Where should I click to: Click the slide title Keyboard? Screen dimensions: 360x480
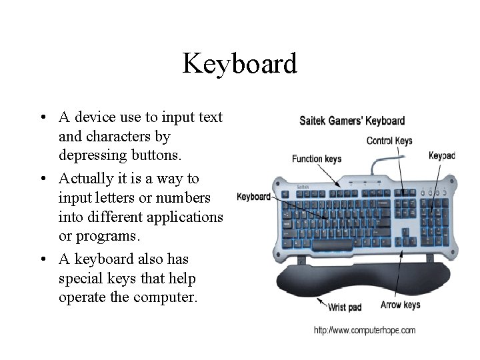pyautogui.click(x=239, y=65)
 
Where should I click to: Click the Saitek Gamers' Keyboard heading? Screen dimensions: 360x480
pyautogui.click(x=351, y=121)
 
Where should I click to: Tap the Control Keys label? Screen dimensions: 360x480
pyautogui.click(x=389, y=141)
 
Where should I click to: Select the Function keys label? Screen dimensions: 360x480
pyautogui.click(x=317, y=159)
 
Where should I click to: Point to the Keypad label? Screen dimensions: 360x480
pyautogui.click(x=441, y=155)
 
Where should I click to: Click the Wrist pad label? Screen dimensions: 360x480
pyautogui.click(x=345, y=307)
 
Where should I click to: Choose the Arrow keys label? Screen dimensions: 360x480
pyautogui.click(x=400, y=305)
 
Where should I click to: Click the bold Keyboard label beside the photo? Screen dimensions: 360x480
pyautogui.click(x=253, y=197)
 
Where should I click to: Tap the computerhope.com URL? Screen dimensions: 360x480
pyautogui.click(x=364, y=330)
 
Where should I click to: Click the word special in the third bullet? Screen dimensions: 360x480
pyautogui.click(x=81, y=278)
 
